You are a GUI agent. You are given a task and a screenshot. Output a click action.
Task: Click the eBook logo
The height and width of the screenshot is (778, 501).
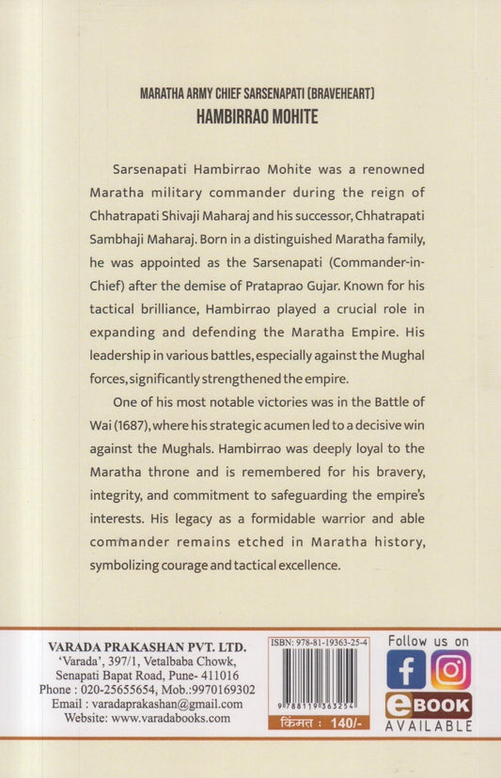click(x=428, y=706)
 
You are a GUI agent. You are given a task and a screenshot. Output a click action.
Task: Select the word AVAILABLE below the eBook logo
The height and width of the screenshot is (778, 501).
click(x=428, y=726)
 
